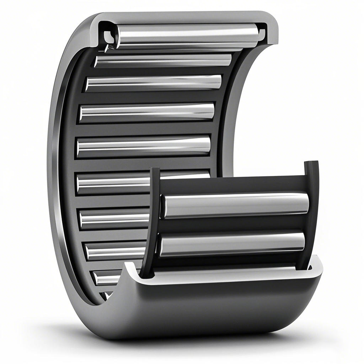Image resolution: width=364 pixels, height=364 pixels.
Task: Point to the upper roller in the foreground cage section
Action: pos(235,205)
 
